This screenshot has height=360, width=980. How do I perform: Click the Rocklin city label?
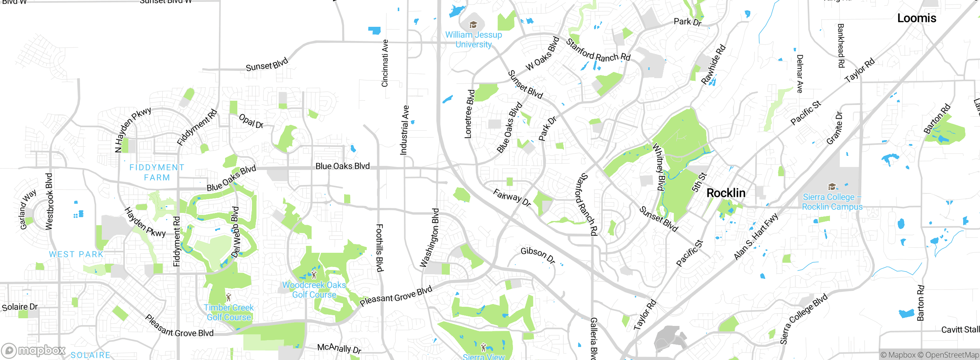click(726, 193)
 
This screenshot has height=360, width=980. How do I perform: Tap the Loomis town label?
click(916, 18)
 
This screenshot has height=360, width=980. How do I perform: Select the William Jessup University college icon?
click(473, 25)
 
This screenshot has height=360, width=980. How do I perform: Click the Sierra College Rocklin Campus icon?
click(831, 187)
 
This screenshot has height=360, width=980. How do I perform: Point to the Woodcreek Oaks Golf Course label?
click(314, 290)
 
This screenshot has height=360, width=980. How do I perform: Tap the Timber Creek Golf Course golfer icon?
click(229, 297)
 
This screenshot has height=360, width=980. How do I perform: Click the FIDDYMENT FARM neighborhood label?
click(157, 172)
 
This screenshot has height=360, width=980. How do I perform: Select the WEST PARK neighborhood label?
click(76, 254)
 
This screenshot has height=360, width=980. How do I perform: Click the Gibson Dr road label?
click(538, 255)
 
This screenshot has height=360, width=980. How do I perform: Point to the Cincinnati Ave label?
click(385, 63)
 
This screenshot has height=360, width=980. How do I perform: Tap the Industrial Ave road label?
click(404, 130)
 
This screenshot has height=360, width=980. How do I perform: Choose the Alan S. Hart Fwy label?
click(756, 237)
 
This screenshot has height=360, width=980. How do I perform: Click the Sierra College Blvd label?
click(804, 319)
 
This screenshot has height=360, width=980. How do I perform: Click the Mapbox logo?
click(34, 350)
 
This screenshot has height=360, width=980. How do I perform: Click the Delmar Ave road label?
click(800, 74)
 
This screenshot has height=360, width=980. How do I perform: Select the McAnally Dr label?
click(339, 348)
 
